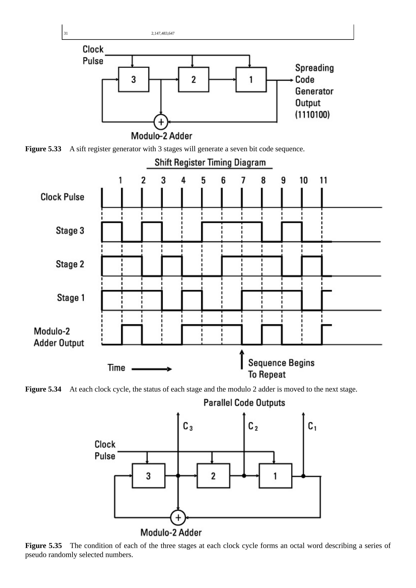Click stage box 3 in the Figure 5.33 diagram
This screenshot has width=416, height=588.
(x=134, y=79)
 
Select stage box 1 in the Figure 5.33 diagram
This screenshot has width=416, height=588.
(x=251, y=79)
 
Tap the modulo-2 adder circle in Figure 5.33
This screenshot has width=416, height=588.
(x=161, y=122)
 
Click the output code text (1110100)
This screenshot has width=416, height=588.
(x=312, y=114)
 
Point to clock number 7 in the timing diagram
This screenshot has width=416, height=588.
(x=243, y=180)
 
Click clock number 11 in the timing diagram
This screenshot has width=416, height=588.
(x=323, y=180)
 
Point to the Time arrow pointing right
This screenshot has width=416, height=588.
(x=152, y=369)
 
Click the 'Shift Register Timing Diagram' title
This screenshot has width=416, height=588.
(x=210, y=163)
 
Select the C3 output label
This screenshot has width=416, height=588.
(x=188, y=426)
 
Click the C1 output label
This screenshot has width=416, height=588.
(x=312, y=426)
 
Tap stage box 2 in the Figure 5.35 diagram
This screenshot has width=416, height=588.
(x=213, y=476)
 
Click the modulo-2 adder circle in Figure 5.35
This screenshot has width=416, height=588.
(x=178, y=518)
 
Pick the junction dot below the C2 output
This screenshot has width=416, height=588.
(x=244, y=476)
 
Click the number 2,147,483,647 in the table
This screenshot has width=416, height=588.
(x=163, y=33)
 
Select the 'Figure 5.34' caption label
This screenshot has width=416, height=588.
(x=43, y=389)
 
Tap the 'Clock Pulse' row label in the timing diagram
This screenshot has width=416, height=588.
(x=62, y=197)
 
